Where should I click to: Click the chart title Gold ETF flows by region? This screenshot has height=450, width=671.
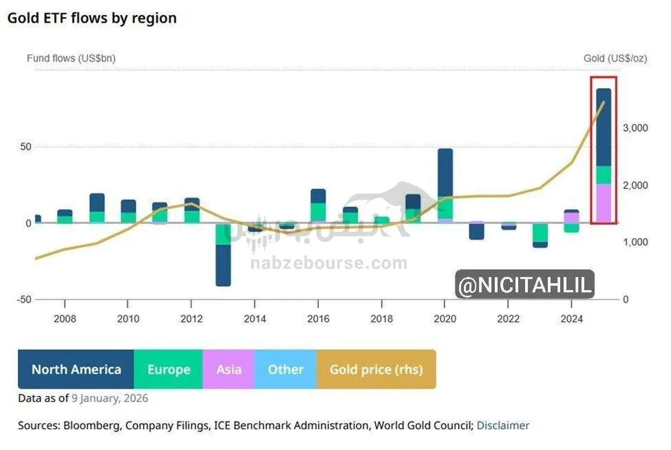click(x=92, y=18)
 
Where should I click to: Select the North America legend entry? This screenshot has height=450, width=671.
click(x=76, y=369)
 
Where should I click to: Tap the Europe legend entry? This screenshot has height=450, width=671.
click(x=168, y=369)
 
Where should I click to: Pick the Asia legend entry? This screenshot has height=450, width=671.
click(x=229, y=369)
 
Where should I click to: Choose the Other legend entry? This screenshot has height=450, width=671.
click(x=285, y=369)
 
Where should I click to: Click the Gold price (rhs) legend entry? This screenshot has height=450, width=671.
click(x=376, y=369)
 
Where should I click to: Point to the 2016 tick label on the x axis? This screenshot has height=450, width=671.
click(x=318, y=318)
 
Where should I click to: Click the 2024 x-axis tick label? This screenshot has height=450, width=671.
click(x=571, y=318)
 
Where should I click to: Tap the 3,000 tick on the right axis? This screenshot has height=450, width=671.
click(x=635, y=128)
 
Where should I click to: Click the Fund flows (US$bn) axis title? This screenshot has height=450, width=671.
click(x=71, y=58)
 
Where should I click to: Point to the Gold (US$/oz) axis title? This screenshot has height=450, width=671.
click(x=615, y=58)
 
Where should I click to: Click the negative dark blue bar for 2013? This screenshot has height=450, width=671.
click(x=223, y=265)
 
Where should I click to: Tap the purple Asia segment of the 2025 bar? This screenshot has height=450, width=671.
click(x=603, y=203)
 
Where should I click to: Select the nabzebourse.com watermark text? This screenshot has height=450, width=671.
click(x=329, y=263)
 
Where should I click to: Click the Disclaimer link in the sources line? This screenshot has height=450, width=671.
click(x=503, y=425)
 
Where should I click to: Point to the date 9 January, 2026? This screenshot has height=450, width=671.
click(x=110, y=399)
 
